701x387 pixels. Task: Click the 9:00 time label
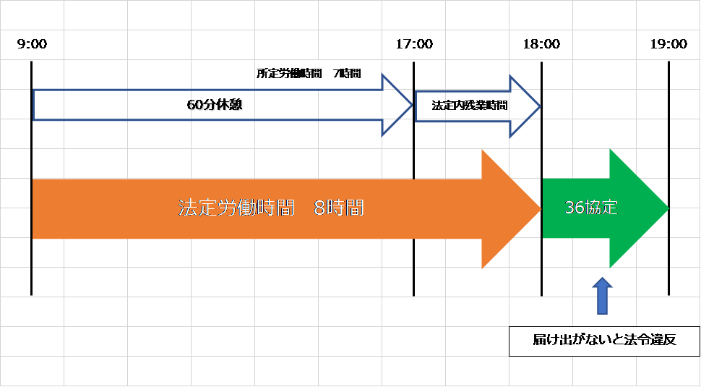(x=33, y=44)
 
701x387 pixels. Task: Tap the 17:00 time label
(x=414, y=44)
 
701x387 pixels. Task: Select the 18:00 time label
(x=541, y=44)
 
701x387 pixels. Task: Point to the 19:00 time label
(x=668, y=44)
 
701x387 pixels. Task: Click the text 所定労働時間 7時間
(x=309, y=73)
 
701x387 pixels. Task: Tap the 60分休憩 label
(x=215, y=105)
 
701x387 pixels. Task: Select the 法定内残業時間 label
(x=470, y=106)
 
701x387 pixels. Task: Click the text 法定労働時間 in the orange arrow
(x=236, y=208)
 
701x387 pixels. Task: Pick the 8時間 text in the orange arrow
(x=339, y=208)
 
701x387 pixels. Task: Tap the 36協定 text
(x=591, y=208)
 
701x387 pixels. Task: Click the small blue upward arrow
(x=602, y=296)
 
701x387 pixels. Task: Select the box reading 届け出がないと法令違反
(x=604, y=341)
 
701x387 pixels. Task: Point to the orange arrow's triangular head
(x=512, y=209)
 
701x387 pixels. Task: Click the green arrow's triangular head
(x=640, y=208)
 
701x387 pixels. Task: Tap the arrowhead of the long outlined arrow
(x=397, y=105)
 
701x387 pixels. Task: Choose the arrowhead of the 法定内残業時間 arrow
(x=525, y=106)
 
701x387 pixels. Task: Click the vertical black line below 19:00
(x=668, y=178)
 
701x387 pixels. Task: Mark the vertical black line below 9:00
(x=31, y=178)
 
